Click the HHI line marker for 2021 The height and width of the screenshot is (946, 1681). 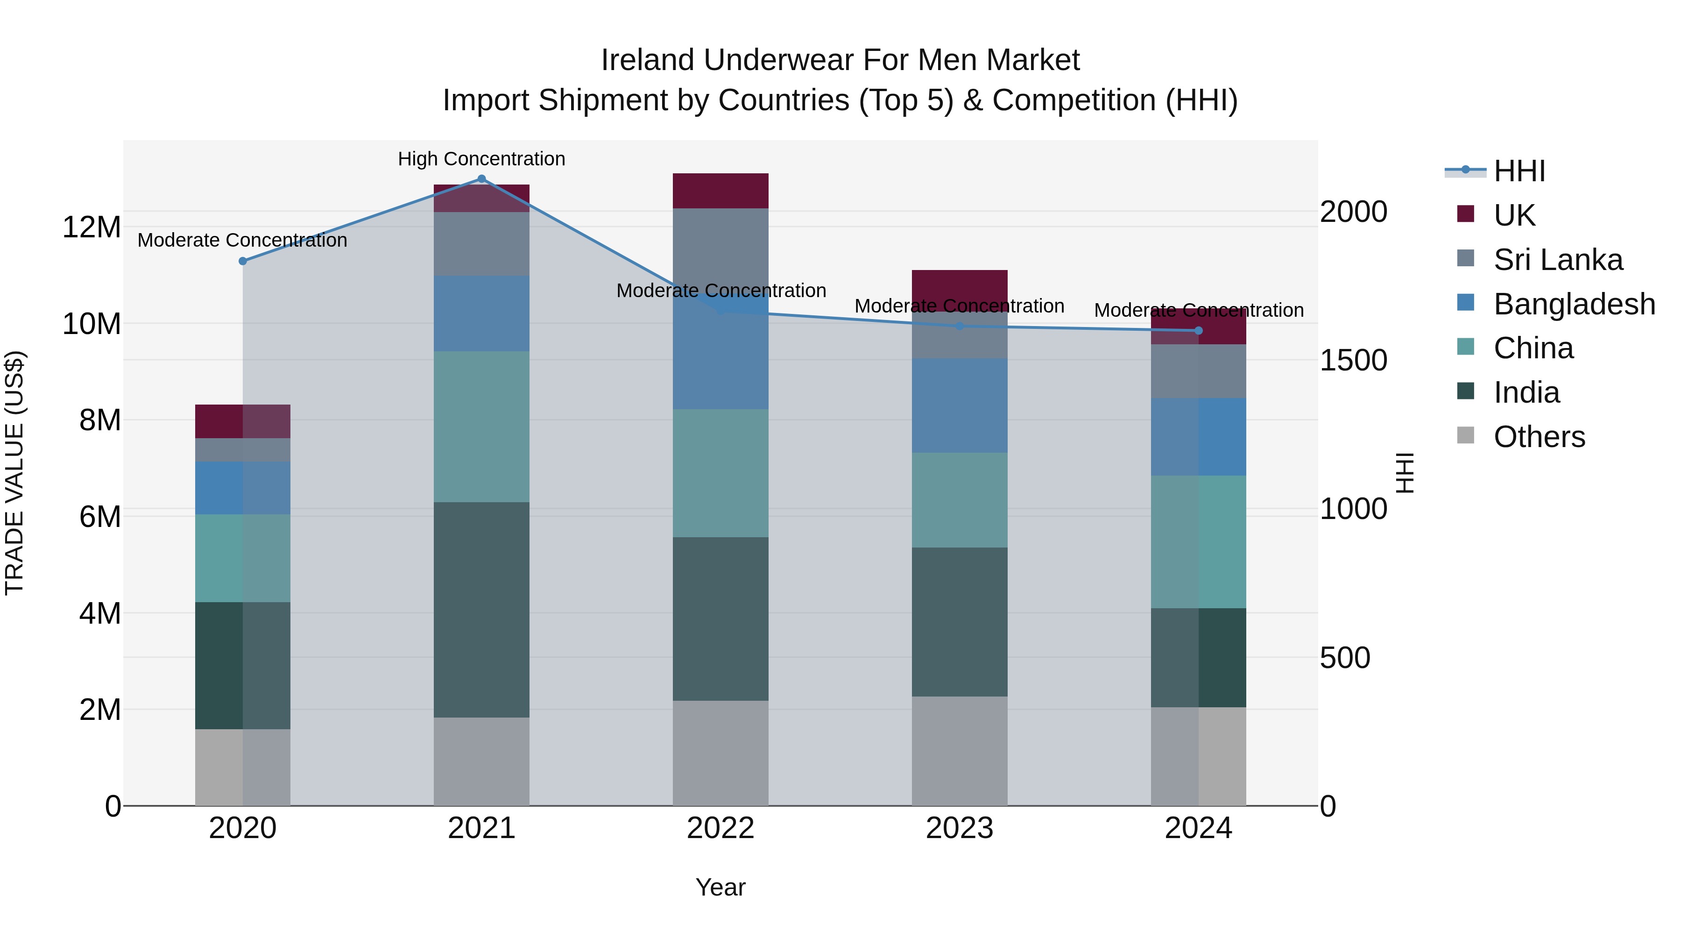[x=481, y=179]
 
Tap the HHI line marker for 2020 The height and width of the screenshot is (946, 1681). [x=243, y=261]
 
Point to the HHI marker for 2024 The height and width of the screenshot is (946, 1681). [x=1198, y=331]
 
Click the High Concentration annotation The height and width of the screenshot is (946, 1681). [x=481, y=159]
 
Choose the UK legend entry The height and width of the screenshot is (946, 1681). [x=1514, y=215]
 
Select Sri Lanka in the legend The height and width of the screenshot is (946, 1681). [x=1558, y=260]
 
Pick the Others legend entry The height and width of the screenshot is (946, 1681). [x=1539, y=437]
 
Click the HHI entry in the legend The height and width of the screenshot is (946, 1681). [x=1519, y=171]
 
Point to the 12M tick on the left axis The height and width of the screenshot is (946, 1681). [x=92, y=227]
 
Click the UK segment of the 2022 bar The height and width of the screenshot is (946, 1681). [x=720, y=191]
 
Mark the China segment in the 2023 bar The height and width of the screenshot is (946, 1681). [x=959, y=500]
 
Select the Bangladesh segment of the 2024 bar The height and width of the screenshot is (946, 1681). [x=1198, y=437]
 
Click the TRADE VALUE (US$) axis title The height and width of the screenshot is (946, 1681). [x=14, y=473]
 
